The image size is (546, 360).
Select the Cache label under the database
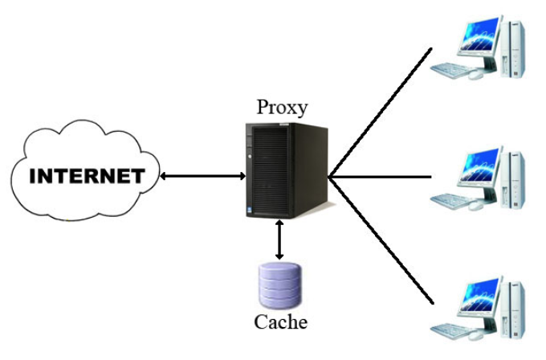pyautogui.click(x=280, y=323)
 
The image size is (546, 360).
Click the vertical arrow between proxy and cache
pyautogui.click(x=279, y=239)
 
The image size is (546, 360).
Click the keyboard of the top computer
pyautogui.click(x=450, y=69)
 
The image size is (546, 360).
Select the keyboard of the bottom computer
pyautogui.click(x=450, y=328)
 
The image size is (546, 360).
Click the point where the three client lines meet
pyautogui.click(x=330, y=177)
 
